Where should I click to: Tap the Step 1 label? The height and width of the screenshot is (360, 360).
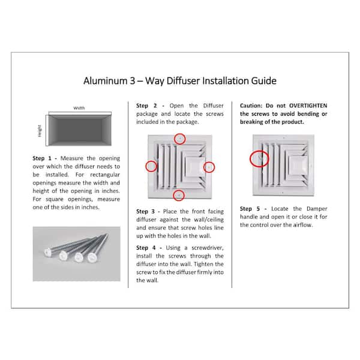(43, 158)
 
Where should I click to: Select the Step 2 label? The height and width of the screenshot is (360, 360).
(146, 104)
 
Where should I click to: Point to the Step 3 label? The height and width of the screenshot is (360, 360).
(146, 211)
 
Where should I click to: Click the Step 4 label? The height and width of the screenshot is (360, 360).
(146, 247)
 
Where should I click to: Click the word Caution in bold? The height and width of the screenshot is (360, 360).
(253, 104)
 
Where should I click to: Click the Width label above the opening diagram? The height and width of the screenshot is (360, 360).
(79, 108)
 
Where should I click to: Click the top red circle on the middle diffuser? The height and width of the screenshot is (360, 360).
(180, 139)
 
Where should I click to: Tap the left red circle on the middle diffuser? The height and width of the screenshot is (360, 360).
(152, 166)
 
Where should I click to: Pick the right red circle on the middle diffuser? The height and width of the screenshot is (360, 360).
(209, 166)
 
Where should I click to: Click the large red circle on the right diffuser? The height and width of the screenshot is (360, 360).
(259, 158)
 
